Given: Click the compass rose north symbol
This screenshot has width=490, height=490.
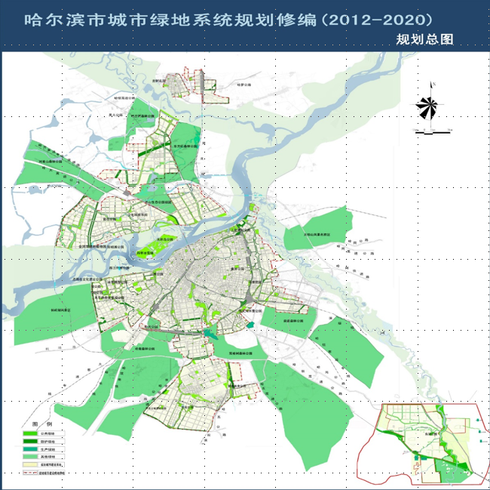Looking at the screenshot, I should [427, 108].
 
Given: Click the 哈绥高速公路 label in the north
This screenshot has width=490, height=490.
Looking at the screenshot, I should [124, 97].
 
